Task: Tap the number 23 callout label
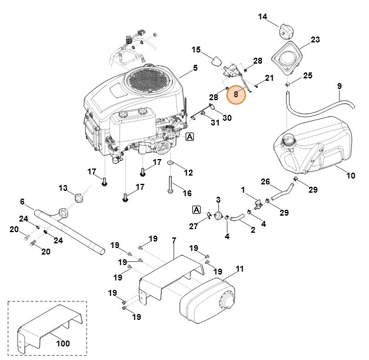tap(315, 40)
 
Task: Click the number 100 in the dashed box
tap(62, 344)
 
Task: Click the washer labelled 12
tap(170, 162)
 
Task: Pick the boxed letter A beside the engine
tap(189, 137)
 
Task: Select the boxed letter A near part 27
tap(196, 209)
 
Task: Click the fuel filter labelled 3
tap(217, 216)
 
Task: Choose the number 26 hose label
tap(265, 181)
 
